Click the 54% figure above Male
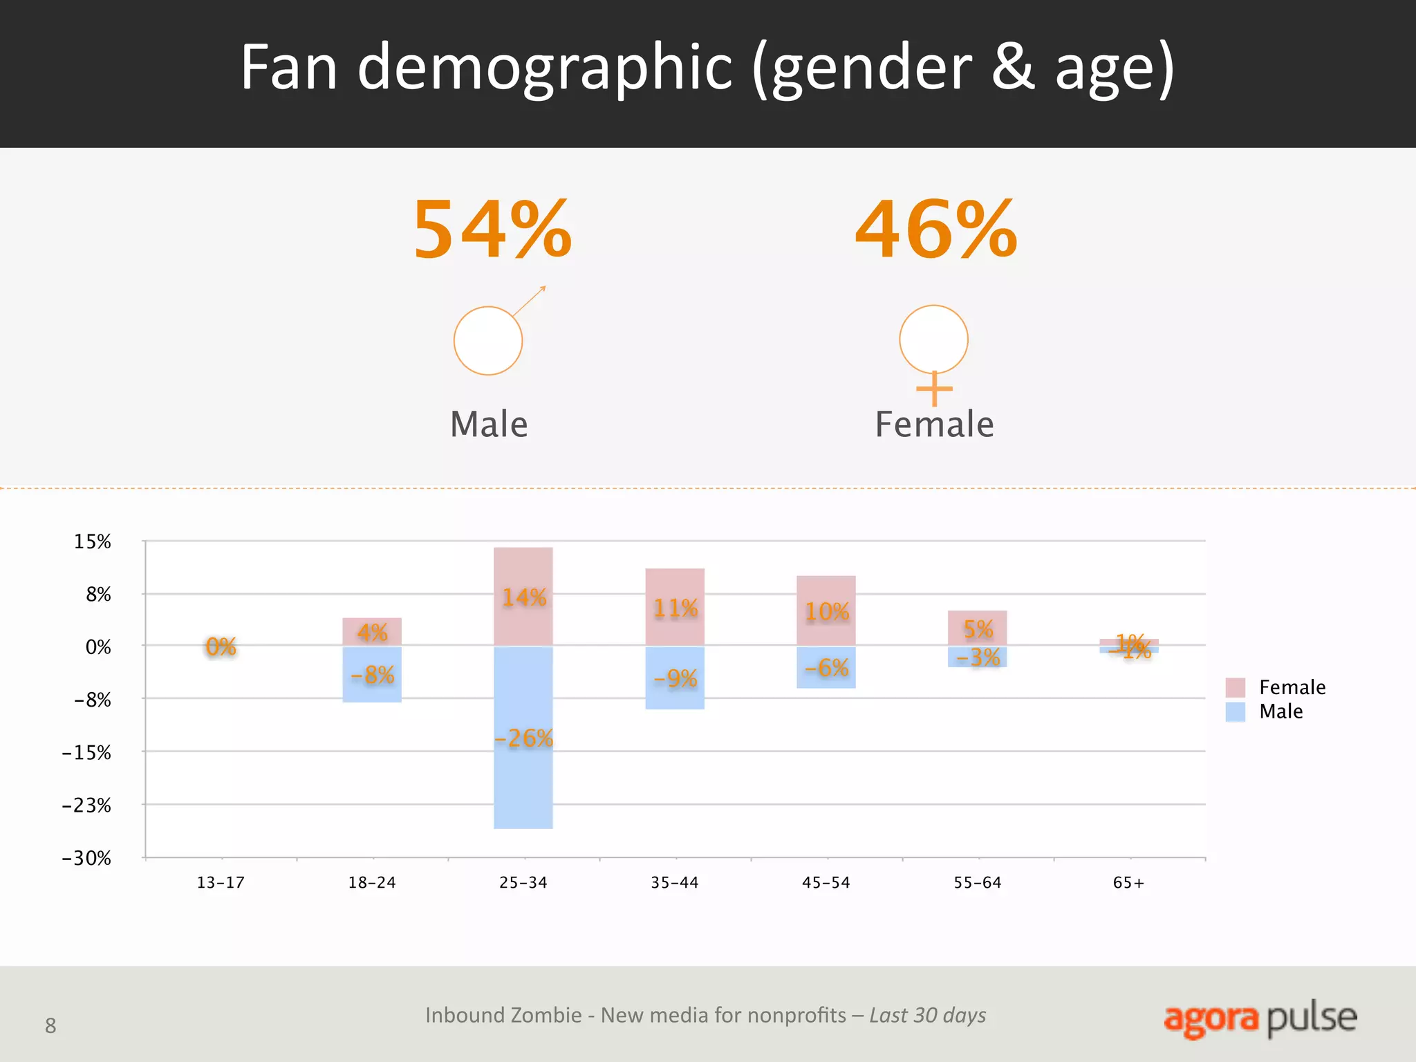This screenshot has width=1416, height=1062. [x=492, y=230]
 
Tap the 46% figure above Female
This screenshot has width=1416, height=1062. [x=936, y=230]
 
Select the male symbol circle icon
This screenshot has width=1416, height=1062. [x=488, y=341]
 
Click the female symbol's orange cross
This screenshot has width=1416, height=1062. [x=934, y=389]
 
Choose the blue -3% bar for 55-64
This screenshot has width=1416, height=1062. [x=977, y=657]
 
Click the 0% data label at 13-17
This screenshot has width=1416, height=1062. [x=221, y=646]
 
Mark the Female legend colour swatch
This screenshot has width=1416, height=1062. [x=1235, y=687]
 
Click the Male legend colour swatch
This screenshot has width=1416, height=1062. [x=1235, y=711]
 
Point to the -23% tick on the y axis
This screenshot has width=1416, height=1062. [x=87, y=805]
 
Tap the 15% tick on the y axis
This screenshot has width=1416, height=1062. [x=93, y=541]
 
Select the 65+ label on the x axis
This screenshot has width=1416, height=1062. [x=1128, y=883]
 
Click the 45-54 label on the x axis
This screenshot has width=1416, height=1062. [x=826, y=883]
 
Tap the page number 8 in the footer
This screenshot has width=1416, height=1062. [x=50, y=1025]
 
